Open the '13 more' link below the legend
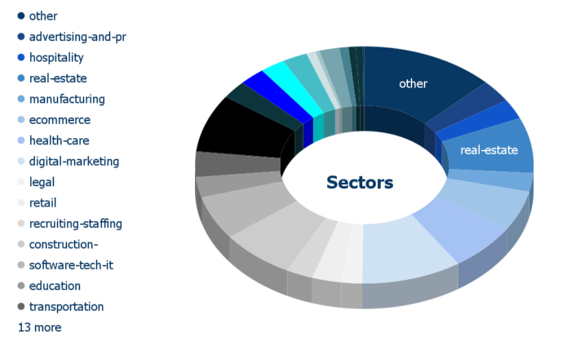(x=39, y=327)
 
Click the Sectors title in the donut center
(x=360, y=183)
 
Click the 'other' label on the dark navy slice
(x=413, y=84)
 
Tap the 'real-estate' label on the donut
(x=489, y=150)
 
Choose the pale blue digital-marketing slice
(x=408, y=251)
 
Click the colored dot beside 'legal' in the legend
(x=21, y=182)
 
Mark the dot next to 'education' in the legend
(x=21, y=286)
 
